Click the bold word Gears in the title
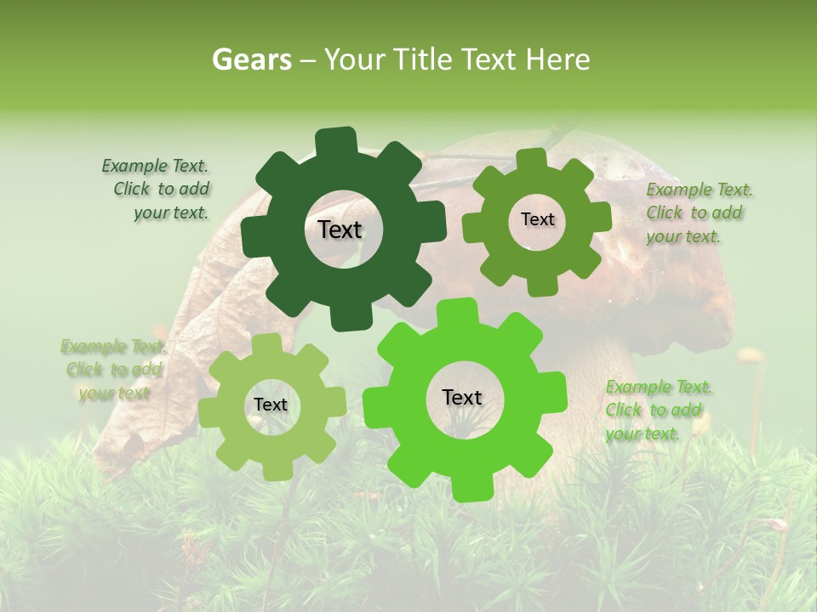click(x=250, y=59)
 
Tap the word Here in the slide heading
click(x=558, y=59)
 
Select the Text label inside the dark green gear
click(x=340, y=229)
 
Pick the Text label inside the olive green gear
click(x=537, y=219)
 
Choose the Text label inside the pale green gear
click(x=271, y=405)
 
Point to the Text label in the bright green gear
click(x=462, y=397)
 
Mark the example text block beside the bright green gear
click(x=654, y=411)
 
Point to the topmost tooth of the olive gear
click(x=532, y=159)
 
